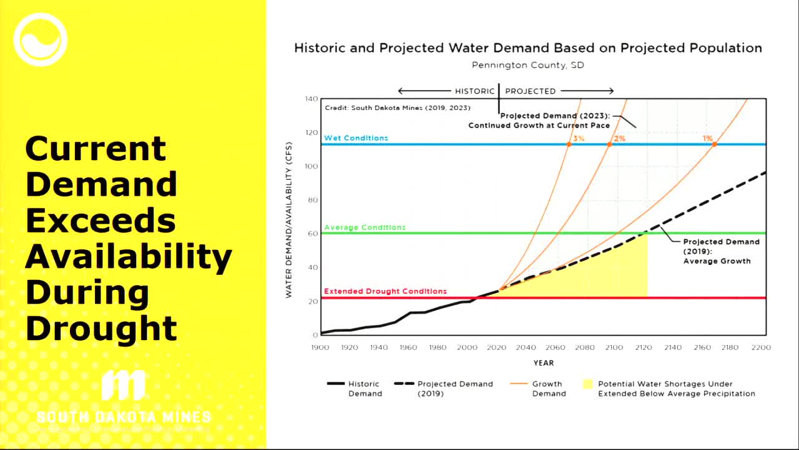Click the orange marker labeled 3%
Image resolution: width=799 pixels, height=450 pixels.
(569, 144)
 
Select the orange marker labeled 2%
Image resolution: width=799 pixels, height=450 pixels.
(609, 144)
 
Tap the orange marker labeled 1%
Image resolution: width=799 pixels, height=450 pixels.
(714, 144)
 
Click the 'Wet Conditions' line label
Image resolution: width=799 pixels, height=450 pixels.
(356, 138)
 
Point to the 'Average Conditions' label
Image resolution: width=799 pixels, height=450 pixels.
(365, 227)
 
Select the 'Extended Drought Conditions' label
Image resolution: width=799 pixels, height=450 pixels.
(385, 291)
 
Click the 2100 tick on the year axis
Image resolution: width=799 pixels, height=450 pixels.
(614, 347)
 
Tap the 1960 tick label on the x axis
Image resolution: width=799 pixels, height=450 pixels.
(408, 347)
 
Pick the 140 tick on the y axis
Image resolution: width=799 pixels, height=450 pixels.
(311, 99)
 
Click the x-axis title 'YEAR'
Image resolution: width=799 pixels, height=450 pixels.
(543, 363)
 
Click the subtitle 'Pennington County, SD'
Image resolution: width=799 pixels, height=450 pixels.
(528, 65)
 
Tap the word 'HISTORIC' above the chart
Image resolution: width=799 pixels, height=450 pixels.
(474, 91)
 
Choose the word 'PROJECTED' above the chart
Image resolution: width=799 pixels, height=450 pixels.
(530, 91)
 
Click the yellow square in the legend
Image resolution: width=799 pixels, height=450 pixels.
(587, 384)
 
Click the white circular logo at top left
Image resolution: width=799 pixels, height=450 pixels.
(41, 40)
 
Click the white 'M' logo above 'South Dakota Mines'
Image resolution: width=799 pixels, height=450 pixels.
(123, 386)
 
